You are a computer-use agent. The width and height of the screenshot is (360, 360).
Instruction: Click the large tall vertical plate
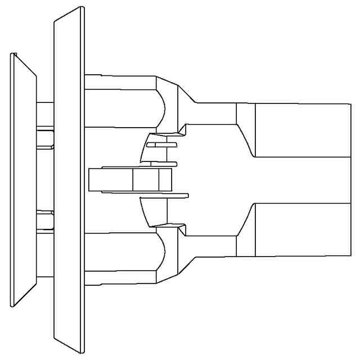pos(69,180)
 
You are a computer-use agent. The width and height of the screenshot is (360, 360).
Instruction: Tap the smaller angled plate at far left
pos(22,180)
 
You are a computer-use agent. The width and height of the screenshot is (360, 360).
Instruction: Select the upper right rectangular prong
pos(303,130)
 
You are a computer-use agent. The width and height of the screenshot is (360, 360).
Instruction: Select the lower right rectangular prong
pos(303,229)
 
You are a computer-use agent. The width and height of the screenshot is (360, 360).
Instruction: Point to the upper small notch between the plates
pos(45,138)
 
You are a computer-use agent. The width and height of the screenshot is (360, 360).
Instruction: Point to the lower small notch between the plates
pos(45,220)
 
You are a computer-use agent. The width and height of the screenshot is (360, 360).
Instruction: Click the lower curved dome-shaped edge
pos(161,252)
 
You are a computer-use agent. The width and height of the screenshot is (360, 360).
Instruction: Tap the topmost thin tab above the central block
pos(161,145)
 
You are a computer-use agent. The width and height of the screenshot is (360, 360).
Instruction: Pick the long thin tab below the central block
pos(163,195)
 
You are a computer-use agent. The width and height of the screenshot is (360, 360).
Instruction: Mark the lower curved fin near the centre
pos(145,212)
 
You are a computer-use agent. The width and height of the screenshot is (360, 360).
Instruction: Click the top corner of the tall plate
pos(82,8)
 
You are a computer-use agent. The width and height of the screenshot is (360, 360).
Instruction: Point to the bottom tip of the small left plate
pos(12,305)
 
